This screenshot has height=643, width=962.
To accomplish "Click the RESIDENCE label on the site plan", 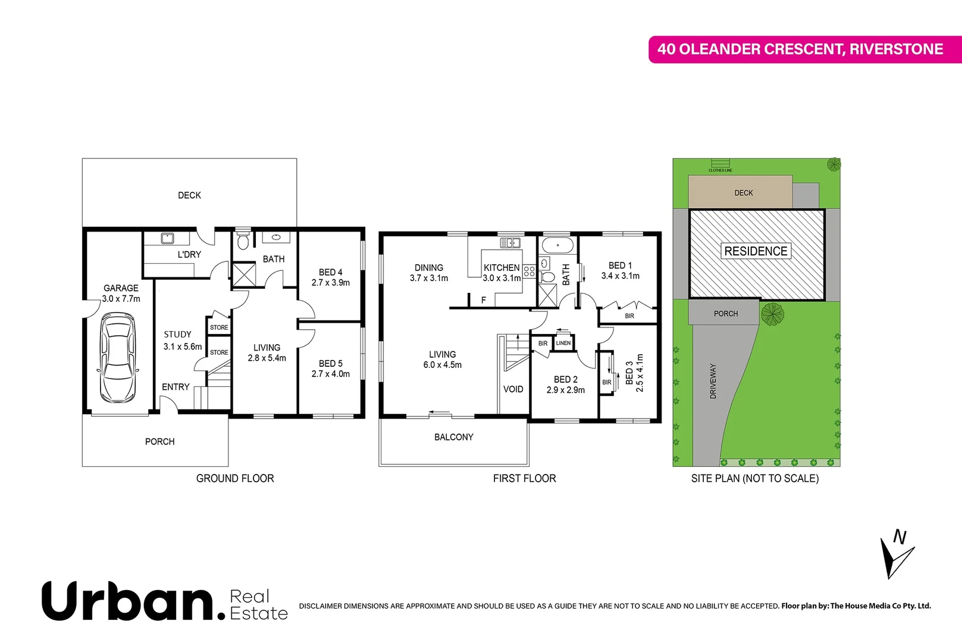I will point(756,251).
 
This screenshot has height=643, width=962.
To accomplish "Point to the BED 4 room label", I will point(330,272).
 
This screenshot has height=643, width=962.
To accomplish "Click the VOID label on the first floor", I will point(513,389).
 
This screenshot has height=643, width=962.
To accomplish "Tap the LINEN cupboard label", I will point(563,343).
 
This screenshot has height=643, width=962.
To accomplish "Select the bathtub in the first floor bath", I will point(557,245).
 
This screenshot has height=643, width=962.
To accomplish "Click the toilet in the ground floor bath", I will point(243,241).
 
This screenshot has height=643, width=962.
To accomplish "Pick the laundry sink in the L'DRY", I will point(168,239).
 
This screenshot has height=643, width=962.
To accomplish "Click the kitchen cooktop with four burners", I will point(529,273).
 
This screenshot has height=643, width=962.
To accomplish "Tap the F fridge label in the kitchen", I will point(483,300).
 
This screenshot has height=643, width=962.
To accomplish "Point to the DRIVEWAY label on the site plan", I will point(713,381).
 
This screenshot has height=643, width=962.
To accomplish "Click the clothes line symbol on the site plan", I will point(720,164).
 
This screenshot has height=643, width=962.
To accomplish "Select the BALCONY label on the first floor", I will point(453,437).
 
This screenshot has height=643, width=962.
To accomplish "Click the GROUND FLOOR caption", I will point(235,478).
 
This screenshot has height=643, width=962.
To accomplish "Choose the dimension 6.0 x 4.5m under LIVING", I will point(442,365).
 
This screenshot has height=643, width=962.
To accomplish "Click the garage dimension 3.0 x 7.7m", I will point(121,299).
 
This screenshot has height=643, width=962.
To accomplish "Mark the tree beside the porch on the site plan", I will point(772,313).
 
